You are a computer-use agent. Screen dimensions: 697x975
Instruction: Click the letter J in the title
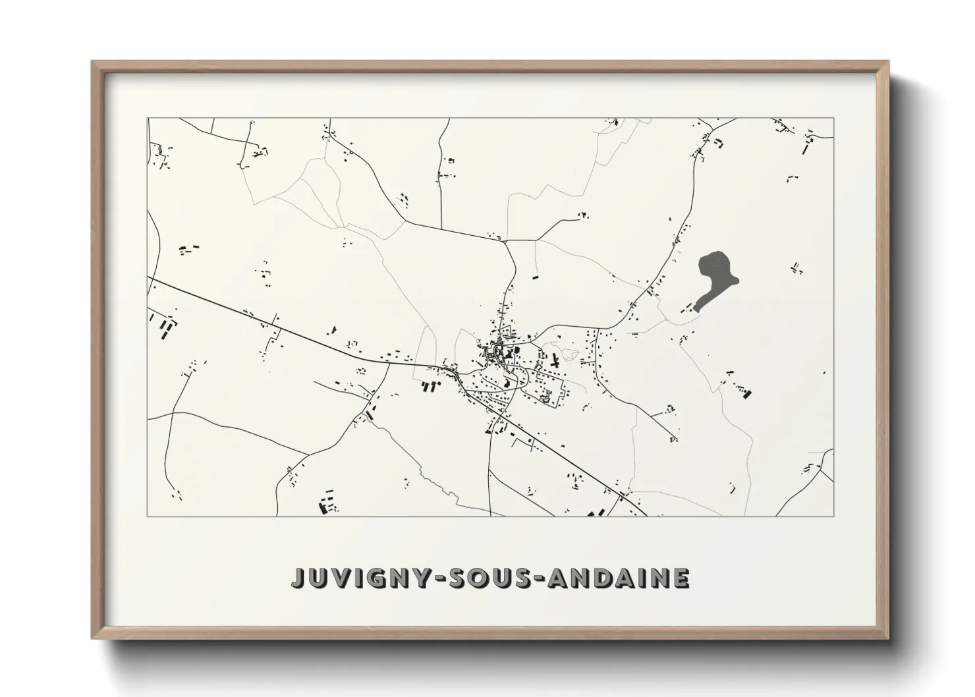(x=300, y=578)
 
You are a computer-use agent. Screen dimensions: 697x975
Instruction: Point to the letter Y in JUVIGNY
(x=422, y=578)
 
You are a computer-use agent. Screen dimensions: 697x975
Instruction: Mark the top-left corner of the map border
(x=148, y=119)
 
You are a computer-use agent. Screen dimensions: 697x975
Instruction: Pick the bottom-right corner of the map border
(x=834, y=516)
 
